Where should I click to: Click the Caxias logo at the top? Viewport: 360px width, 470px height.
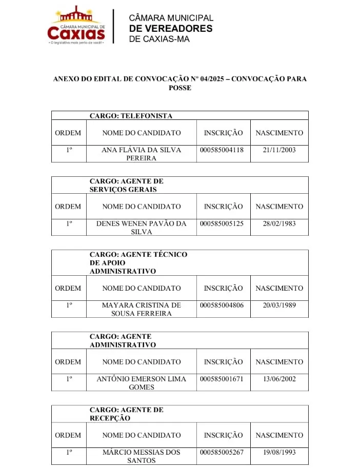click(x=76, y=26)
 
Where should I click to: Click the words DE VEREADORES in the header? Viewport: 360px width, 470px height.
click(x=171, y=29)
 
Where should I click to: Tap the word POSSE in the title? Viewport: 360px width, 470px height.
click(x=179, y=88)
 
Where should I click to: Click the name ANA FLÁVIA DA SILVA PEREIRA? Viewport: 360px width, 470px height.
click(x=142, y=154)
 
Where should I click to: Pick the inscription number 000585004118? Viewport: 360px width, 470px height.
click(x=222, y=150)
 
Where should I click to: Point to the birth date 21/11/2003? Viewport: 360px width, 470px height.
click(x=279, y=150)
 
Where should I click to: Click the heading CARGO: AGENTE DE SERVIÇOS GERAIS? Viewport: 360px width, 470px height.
click(x=127, y=185)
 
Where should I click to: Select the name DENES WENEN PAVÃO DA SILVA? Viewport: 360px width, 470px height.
click(x=142, y=228)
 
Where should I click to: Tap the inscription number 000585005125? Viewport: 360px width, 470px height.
click(x=222, y=223)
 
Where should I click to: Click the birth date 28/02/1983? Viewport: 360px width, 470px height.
click(x=279, y=223)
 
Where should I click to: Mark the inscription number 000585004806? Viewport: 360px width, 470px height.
click(x=222, y=305)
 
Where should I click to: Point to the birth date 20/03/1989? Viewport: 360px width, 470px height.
click(x=279, y=305)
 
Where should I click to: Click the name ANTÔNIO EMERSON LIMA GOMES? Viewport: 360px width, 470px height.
click(x=142, y=383)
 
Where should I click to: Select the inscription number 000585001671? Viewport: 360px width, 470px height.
click(x=222, y=379)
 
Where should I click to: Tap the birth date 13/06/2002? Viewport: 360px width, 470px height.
click(x=279, y=379)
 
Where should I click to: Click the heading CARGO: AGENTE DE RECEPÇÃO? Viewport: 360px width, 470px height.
click(x=127, y=414)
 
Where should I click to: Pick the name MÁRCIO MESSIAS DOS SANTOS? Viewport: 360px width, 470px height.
click(x=142, y=456)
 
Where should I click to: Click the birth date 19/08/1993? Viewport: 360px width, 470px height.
click(x=279, y=452)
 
